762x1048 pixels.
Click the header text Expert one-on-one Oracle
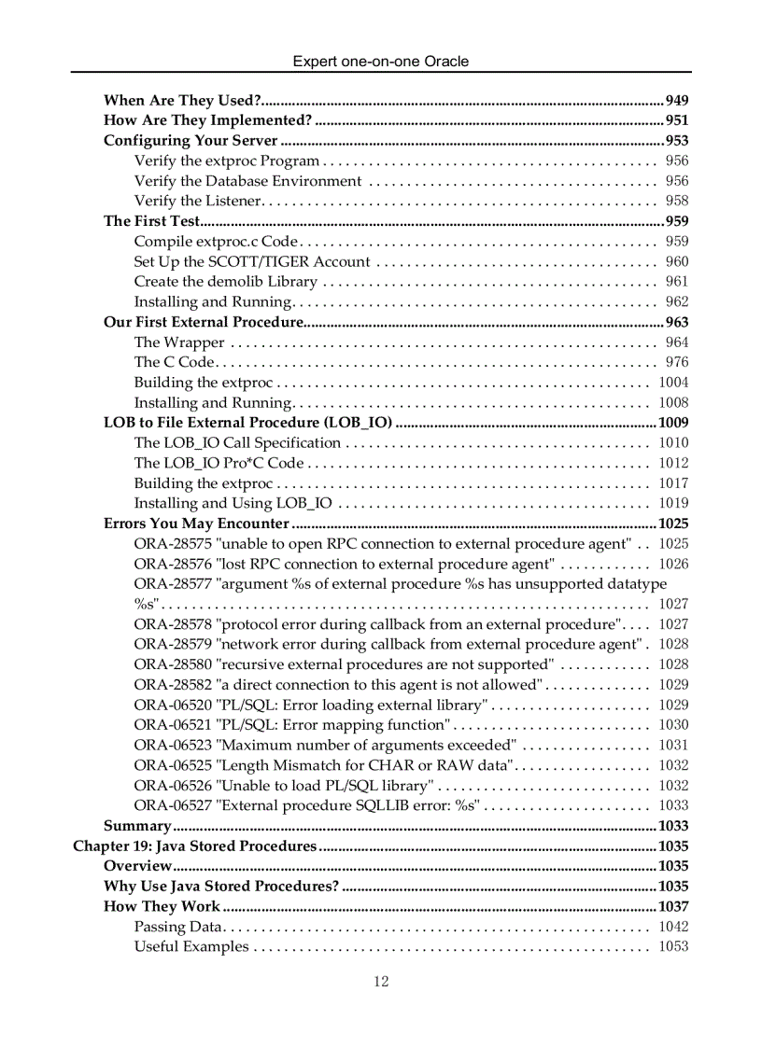[x=381, y=62]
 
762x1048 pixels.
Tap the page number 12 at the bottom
[x=381, y=981]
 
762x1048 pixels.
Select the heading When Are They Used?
[x=181, y=100]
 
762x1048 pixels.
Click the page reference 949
[x=677, y=100]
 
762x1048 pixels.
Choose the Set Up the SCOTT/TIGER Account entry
[x=252, y=261]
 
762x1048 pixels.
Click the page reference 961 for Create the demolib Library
[x=677, y=282]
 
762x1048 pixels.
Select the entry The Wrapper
[x=178, y=342]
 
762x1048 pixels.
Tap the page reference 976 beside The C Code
[x=677, y=362]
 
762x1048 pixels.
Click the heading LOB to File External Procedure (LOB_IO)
[x=247, y=423]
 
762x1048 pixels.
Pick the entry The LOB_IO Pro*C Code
[x=219, y=463]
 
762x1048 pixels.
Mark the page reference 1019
[x=673, y=503]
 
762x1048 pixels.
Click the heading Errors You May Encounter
[x=196, y=524]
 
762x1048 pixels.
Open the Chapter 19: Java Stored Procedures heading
[x=195, y=846]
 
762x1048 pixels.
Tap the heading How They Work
[x=162, y=906]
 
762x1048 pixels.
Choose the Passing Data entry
[x=177, y=927]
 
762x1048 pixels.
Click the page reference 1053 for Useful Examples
[x=673, y=946]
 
